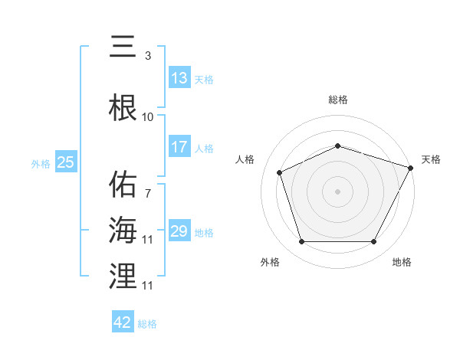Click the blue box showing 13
179,78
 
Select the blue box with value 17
179,147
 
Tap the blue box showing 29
179,231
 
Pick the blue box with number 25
66,162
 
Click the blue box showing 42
123,322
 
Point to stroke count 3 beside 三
148,55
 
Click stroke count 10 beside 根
148,117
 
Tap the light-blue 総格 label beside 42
148,323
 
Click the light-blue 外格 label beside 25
41,163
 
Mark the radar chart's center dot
337,191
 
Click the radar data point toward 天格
411,168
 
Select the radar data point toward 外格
301,242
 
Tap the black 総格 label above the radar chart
338,100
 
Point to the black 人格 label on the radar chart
245,159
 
